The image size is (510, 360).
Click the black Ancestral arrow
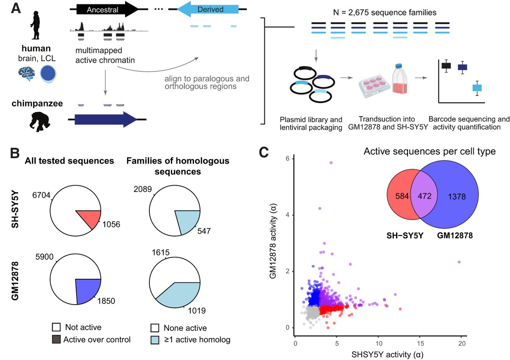107,9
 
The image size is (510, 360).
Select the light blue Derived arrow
208,9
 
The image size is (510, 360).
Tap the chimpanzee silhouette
39,121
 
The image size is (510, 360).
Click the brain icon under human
27,74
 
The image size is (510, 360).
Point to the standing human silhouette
35,25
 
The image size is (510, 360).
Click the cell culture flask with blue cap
400,79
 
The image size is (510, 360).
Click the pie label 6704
41,195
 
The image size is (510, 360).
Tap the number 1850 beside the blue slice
106,301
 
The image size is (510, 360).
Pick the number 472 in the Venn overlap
424,196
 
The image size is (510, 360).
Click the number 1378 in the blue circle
457,197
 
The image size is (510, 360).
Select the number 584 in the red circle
402,196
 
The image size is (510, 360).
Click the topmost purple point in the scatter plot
331,163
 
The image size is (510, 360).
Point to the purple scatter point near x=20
459,262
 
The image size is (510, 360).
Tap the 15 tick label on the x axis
420,343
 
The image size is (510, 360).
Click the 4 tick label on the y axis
288,215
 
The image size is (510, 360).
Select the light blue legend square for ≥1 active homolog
155,340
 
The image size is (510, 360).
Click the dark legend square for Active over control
56,339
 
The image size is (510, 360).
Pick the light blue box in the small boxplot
477,88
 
